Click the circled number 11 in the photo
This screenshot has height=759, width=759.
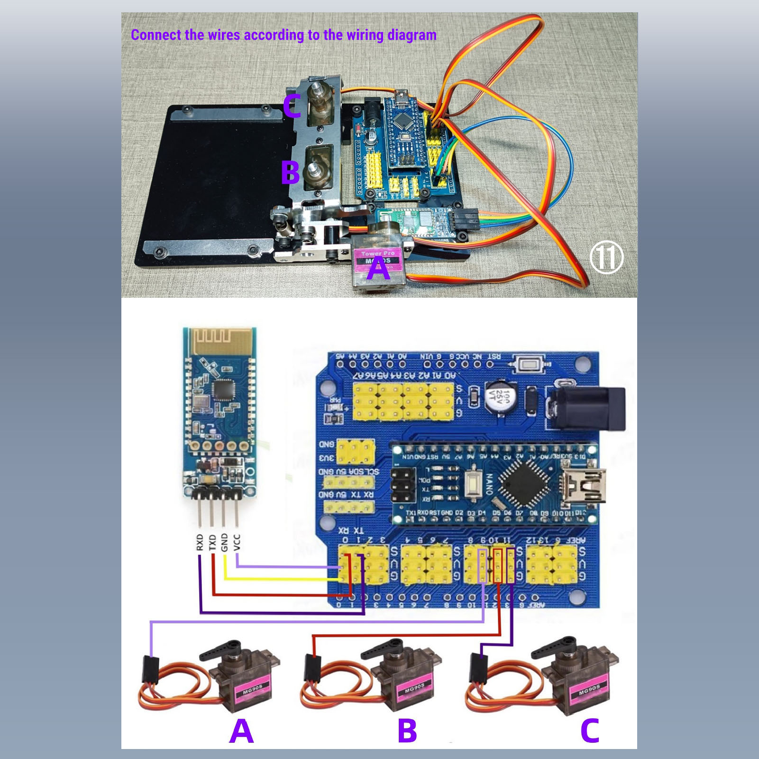[606, 257]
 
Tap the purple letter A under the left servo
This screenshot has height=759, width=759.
[241, 731]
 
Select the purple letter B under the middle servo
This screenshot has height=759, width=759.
[407, 731]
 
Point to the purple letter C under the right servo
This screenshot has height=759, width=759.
[590, 731]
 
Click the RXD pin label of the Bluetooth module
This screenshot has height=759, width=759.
[200, 542]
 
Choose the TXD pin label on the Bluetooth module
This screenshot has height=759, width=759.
[212, 542]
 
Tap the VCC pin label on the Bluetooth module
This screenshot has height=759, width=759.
[238, 542]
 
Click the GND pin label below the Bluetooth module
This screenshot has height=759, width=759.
[225, 542]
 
